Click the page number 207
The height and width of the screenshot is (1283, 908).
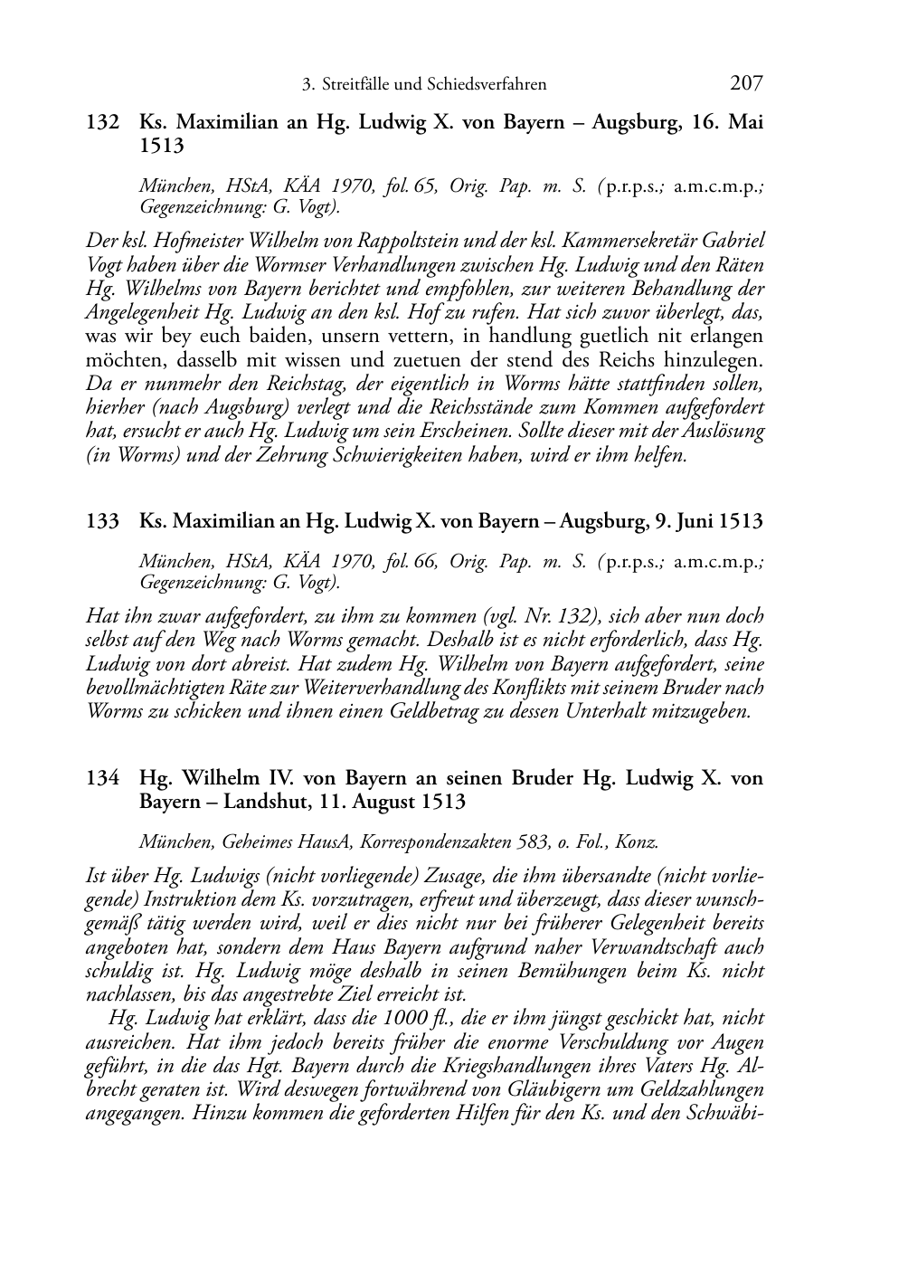pyautogui.click(x=746, y=84)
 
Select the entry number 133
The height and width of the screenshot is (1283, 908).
pyautogui.click(x=102, y=522)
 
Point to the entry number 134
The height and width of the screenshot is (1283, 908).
pyautogui.click(x=102, y=778)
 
